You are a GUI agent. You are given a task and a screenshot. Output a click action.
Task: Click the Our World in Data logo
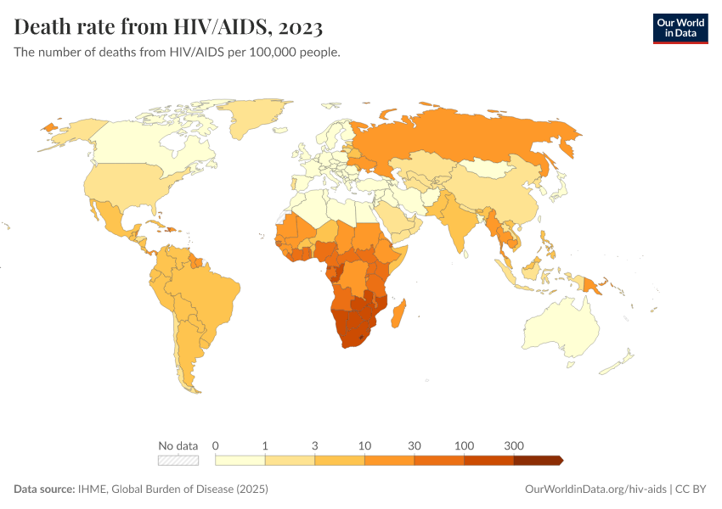click(x=680, y=28)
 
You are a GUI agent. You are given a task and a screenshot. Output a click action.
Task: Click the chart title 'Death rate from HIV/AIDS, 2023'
click(x=168, y=27)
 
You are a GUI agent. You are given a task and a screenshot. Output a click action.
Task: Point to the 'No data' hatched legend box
click(x=178, y=461)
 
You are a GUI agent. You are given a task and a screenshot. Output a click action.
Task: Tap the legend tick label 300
click(x=513, y=445)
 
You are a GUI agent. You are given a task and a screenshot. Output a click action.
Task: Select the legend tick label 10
click(x=364, y=445)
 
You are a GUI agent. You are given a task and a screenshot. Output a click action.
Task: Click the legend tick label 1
click(x=266, y=445)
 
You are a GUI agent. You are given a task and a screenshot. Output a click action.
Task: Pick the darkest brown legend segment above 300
click(x=537, y=461)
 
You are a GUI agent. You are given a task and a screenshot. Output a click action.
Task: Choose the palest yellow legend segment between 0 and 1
click(x=240, y=461)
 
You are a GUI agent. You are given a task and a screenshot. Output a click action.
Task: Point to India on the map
click(x=460, y=220)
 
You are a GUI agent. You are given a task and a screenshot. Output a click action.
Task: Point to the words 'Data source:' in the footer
click(x=44, y=489)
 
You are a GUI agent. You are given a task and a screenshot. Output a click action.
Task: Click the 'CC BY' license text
click(x=692, y=489)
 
